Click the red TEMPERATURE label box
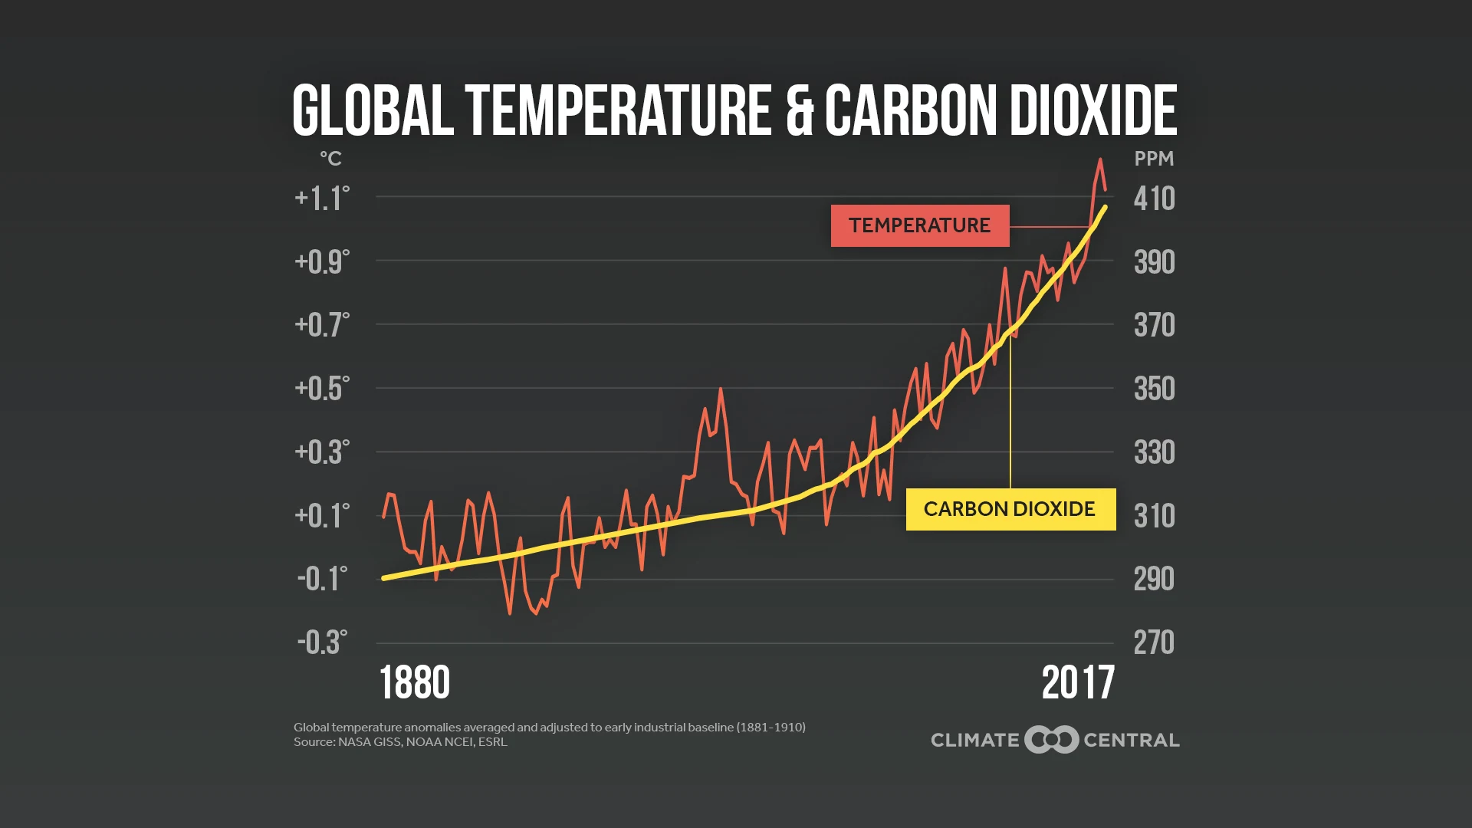tap(919, 225)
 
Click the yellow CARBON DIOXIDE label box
tap(1010, 509)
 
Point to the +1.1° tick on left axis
tap(322, 199)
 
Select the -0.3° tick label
tap(322, 642)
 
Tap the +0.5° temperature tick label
tap(322, 389)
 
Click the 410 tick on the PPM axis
tap(1154, 199)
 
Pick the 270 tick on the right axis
tap(1154, 642)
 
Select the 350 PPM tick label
tap(1154, 389)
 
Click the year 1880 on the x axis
tap(414, 682)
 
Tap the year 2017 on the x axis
tap(1077, 682)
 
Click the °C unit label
tap(330, 159)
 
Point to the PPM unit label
tap(1154, 159)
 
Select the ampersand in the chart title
tap(800, 111)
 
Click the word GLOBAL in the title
tap(373, 111)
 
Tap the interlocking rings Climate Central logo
tap(1052, 740)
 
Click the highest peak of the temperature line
tap(1100, 159)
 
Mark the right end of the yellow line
tap(1105, 207)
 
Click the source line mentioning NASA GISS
tap(400, 742)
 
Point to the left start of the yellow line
tap(384, 578)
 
